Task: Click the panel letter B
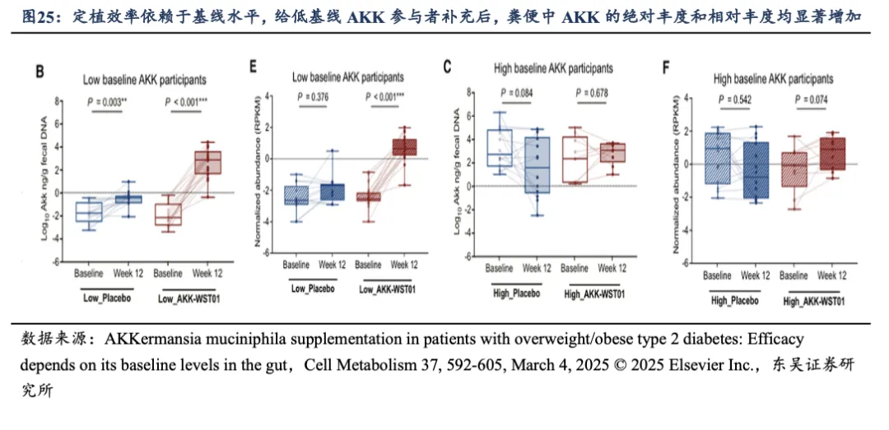pos(38,72)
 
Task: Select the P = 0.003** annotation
pos(105,102)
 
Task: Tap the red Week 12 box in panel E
pos(403,147)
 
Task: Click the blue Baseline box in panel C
pos(499,148)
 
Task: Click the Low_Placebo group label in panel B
pos(106,298)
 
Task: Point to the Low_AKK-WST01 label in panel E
pos(387,288)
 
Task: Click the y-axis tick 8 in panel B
pos(58,100)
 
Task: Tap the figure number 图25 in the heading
pos(39,15)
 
